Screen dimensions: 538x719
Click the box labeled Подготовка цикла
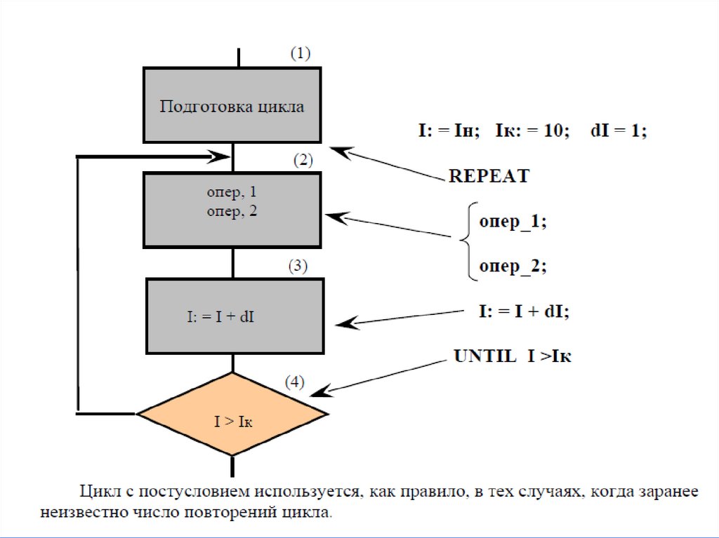pos(232,105)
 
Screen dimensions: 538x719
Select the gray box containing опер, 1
pos(232,210)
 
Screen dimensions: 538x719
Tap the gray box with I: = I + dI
pos(235,316)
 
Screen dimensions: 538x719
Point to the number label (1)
pos(300,53)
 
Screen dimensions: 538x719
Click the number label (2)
pos(303,160)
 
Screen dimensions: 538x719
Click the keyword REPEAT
pos(489,176)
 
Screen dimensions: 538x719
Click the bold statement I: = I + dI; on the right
pos(524,311)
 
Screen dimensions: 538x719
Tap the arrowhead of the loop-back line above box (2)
pos(224,156)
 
